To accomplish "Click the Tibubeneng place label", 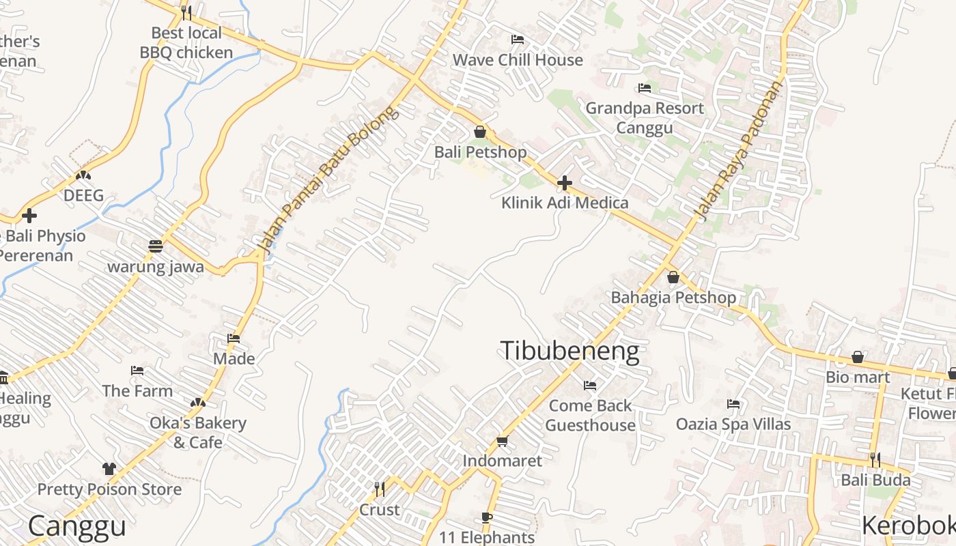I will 570,351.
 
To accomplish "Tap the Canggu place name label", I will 77,526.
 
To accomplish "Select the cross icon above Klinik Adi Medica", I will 565,183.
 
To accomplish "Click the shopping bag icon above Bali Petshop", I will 480,132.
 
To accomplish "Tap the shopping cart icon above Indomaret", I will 503,442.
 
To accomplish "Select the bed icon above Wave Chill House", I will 518,40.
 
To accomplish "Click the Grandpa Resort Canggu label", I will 645,117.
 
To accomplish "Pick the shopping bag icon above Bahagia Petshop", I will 673,277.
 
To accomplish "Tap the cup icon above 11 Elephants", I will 487,518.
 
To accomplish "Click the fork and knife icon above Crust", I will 380,489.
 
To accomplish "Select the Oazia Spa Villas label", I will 733,424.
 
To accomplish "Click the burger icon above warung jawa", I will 156,246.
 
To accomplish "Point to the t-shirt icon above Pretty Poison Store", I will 109,469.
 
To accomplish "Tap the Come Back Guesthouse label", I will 590,415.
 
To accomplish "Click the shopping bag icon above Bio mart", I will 858,358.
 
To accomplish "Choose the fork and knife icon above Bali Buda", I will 875,460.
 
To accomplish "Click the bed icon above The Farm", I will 137,371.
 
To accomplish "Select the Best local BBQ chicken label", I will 186,42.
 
